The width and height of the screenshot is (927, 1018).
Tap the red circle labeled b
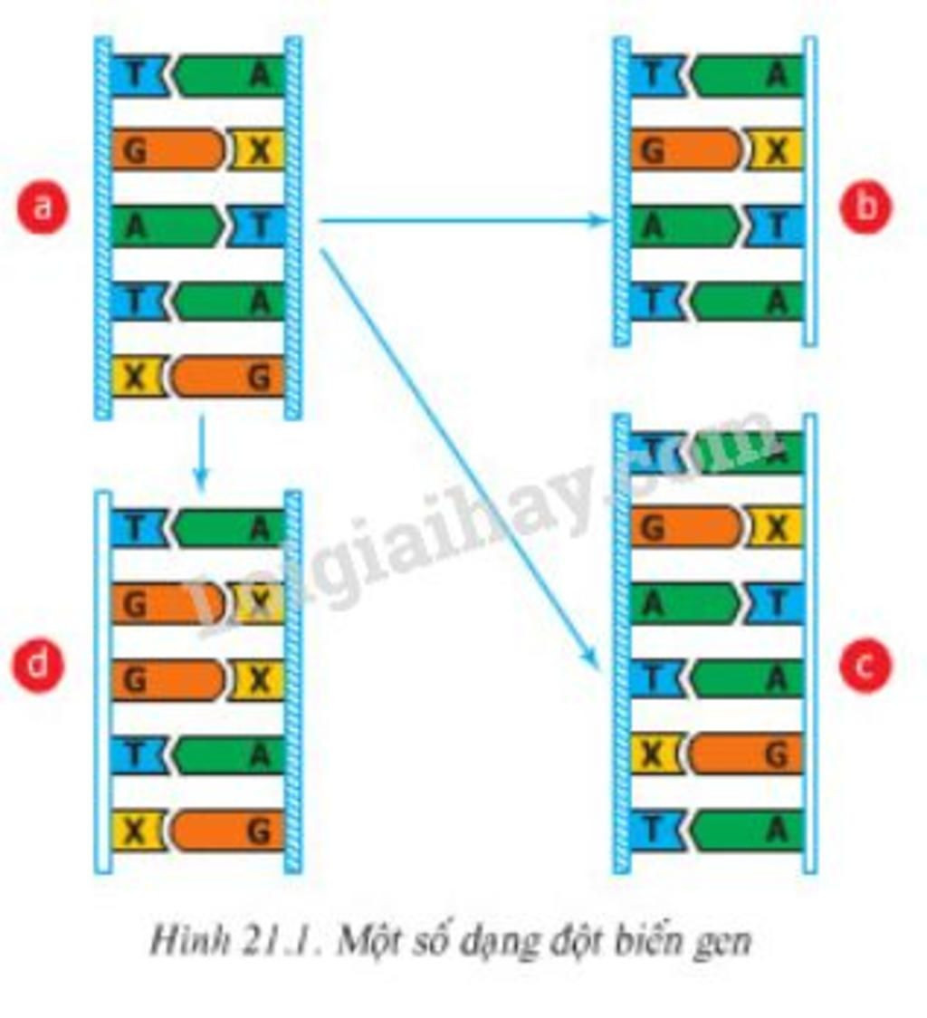[865, 207]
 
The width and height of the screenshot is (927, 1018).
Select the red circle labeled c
[865, 667]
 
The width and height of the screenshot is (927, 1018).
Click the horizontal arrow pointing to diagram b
[462, 219]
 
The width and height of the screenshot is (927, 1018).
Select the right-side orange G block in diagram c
[747, 754]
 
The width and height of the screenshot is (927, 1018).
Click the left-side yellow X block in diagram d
[137, 831]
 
